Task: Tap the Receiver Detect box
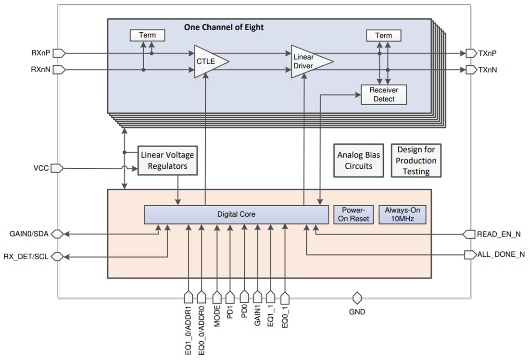click(383, 95)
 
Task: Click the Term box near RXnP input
click(147, 35)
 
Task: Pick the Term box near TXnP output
click(383, 35)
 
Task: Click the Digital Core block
click(236, 214)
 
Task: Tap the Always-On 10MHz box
click(402, 214)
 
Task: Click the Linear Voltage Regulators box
click(167, 161)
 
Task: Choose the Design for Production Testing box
click(416, 161)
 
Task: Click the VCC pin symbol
click(57, 168)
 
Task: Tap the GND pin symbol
click(357, 298)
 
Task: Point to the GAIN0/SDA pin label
click(29, 234)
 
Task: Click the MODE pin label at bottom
click(217, 316)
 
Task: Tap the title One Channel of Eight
click(224, 27)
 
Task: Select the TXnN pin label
click(487, 70)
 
